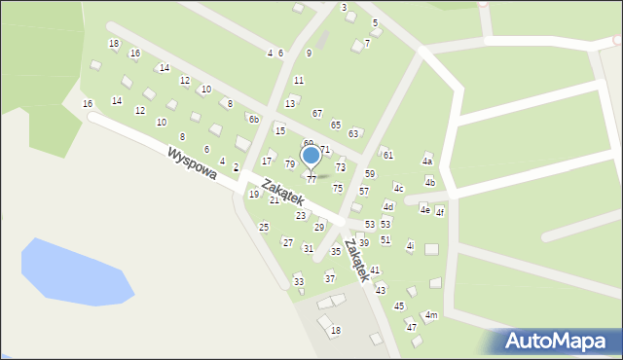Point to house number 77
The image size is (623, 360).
pos(311,180)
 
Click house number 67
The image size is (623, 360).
pos(317,114)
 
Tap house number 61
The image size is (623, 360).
pos(387,156)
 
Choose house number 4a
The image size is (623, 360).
pos(426,162)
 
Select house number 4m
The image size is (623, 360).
pos(431,315)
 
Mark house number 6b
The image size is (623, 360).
pos(253,120)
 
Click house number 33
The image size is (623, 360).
pos(299,282)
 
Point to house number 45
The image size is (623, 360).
pos(399,306)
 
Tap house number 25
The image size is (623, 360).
pos(264,228)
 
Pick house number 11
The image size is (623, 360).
pos(299,81)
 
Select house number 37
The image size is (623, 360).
pos(330,279)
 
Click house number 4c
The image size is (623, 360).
pos(398,188)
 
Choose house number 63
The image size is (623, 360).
pos(353,133)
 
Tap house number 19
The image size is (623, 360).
pos(253,195)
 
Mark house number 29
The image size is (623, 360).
pos(318,228)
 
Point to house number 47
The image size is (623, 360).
pos(412,328)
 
